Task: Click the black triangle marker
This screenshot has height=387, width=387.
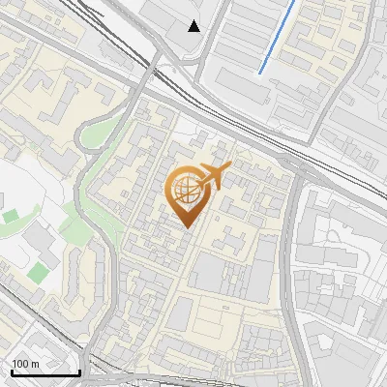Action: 194,26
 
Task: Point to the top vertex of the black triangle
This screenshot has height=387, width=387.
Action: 194,20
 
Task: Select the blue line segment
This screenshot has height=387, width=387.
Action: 277,37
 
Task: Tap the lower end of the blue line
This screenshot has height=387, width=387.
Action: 259,73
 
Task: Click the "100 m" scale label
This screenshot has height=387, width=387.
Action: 25,364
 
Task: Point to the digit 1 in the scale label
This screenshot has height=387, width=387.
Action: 14,364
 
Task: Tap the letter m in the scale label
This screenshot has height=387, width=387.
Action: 35,364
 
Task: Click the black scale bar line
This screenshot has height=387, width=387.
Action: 45,372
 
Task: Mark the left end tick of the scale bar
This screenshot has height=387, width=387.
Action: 11,371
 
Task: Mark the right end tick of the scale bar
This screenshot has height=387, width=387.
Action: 79,371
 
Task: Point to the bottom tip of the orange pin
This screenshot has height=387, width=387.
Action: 186,227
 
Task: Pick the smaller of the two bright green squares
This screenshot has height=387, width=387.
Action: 11,217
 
